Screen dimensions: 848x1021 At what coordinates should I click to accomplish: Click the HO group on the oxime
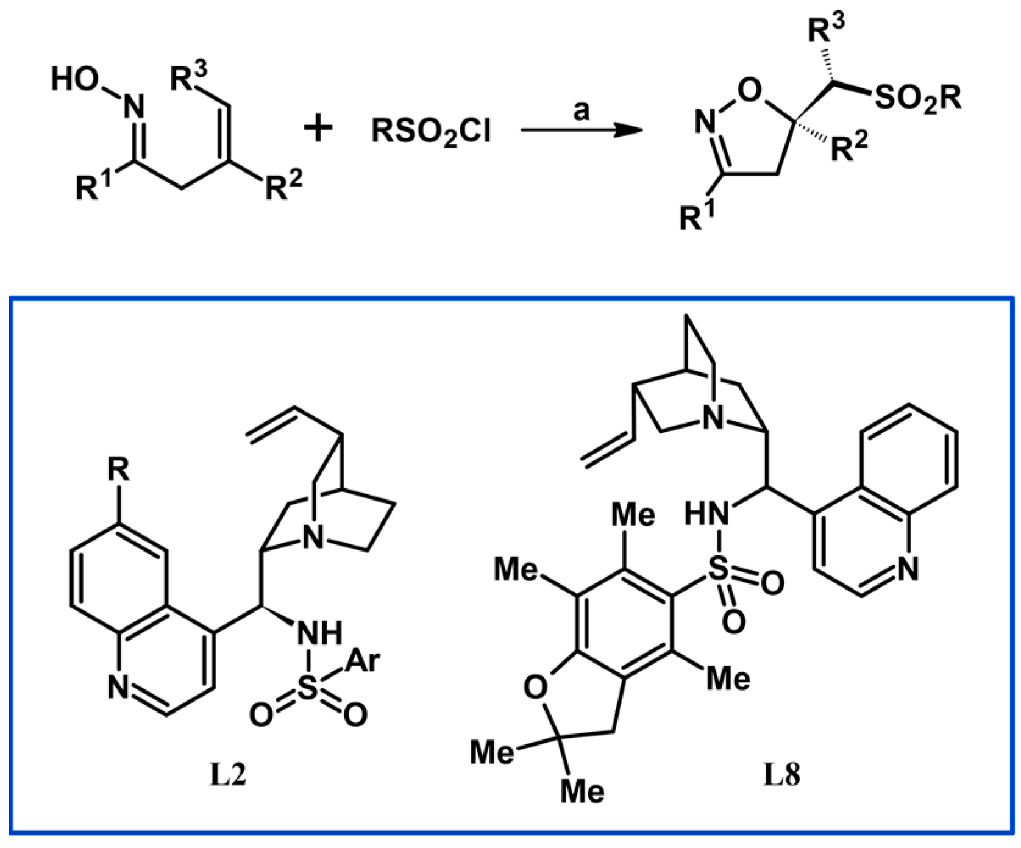74,79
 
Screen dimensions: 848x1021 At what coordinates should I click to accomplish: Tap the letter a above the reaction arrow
582,110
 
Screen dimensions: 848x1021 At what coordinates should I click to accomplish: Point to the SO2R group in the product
917,98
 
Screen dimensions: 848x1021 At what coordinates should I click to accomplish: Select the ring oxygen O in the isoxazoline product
749,91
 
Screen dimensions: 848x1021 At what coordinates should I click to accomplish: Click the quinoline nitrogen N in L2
119,688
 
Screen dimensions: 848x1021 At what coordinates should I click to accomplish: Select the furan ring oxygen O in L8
535,688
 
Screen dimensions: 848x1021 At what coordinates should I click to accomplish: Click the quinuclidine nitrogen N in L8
712,418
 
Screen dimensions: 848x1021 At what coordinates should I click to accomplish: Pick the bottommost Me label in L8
582,791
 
